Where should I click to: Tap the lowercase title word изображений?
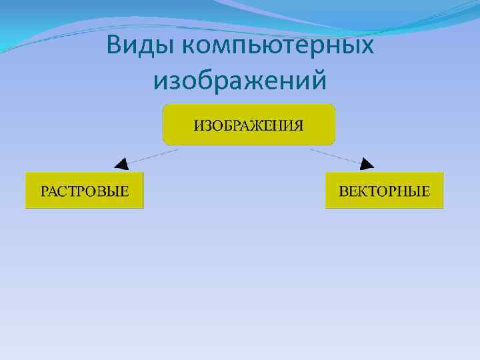pyautogui.click(x=240, y=81)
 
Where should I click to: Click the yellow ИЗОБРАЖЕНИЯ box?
pyautogui.click(x=249, y=125)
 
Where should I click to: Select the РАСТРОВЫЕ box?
pyautogui.click(x=85, y=191)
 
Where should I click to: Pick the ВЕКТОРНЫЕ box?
pyautogui.click(x=385, y=191)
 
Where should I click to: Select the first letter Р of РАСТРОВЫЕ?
pyautogui.click(x=45, y=192)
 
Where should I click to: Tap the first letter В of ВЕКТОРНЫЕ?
pyautogui.click(x=344, y=192)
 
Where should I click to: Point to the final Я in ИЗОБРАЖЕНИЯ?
pyautogui.click(x=299, y=125)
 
